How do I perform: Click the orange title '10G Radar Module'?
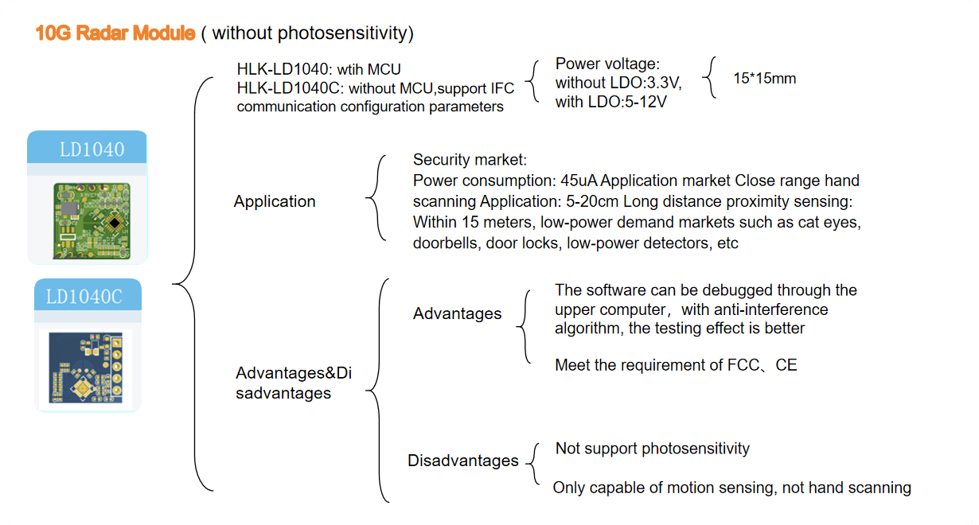[x=115, y=33]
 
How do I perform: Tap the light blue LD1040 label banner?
[x=88, y=149]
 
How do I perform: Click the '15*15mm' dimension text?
[x=764, y=78]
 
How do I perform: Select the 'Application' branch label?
[x=275, y=201]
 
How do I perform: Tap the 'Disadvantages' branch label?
[x=462, y=461]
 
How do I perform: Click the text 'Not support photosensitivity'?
[x=652, y=449]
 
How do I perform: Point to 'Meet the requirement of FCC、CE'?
[x=676, y=365]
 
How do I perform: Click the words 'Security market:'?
[x=470, y=160]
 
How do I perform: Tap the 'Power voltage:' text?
[x=607, y=64]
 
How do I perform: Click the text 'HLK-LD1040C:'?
[x=291, y=87]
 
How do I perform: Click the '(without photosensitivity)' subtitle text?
[x=307, y=33]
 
